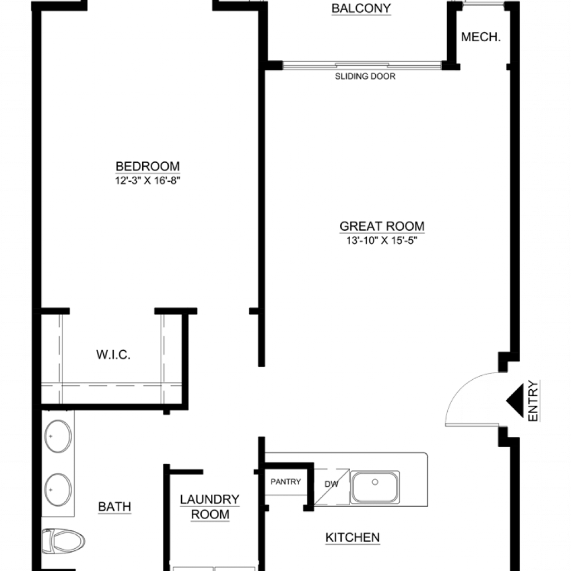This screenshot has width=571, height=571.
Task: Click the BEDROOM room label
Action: click(x=147, y=166)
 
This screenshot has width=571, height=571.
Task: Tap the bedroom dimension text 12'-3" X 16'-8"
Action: click(x=147, y=181)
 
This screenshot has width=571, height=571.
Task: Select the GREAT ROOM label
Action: click(x=381, y=226)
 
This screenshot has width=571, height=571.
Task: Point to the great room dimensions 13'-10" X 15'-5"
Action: click(x=381, y=240)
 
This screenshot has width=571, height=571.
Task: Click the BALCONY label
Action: click(x=361, y=8)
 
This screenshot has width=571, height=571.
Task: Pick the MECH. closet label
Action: click(x=481, y=37)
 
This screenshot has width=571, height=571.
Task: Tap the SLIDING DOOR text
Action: click(x=365, y=76)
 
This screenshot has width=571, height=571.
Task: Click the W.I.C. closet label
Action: click(x=113, y=354)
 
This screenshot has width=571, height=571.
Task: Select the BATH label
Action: click(x=114, y=506)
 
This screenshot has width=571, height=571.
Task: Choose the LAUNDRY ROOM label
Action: click(x=210, y=506)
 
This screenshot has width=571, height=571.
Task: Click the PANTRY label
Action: click(x=285, y=482)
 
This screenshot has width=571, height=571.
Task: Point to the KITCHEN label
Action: click(x=352, y=538)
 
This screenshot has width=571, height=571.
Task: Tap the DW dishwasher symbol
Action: click(x=331, y=485)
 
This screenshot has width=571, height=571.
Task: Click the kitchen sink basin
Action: click(x=375, y=487)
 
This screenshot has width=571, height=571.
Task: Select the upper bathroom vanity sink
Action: click(x=58, y=436)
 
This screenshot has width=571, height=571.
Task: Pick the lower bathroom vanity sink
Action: click(x=58, y=490)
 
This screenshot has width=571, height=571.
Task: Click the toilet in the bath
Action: click(x=62, y=541)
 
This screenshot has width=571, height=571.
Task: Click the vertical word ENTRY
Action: click(x=533, y=400)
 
